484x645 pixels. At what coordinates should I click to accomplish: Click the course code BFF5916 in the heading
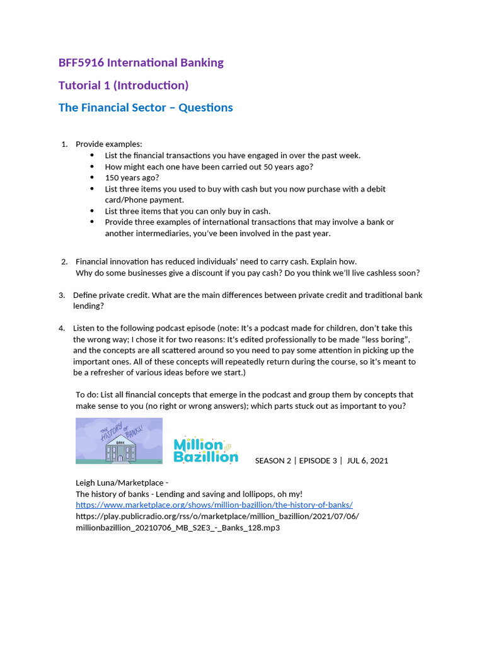point(81,62)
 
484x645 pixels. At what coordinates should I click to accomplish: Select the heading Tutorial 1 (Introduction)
point(124,85)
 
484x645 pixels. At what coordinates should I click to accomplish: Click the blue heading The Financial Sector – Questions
point(146,108)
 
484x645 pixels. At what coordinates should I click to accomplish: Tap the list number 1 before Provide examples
point(64,144)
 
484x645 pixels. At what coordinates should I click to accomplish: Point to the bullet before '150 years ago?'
point(92,178)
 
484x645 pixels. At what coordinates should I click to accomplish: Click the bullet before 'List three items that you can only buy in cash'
point(92,211)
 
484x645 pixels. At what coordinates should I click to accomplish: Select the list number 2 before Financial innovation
point(64,261)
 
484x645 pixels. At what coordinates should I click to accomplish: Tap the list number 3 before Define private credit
point(62,295)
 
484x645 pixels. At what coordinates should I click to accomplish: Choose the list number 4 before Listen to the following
point(62,328)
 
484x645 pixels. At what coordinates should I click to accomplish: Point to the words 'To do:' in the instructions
point(88,395)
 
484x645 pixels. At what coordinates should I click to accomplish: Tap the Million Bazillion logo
point(205,450)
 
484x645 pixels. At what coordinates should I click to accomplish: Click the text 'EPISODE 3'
point(318,460)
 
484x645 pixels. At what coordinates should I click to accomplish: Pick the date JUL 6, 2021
point(367,460)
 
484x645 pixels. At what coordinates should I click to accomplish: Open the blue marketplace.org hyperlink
point(214,505)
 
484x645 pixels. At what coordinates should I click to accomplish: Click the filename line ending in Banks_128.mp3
point(178,528)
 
